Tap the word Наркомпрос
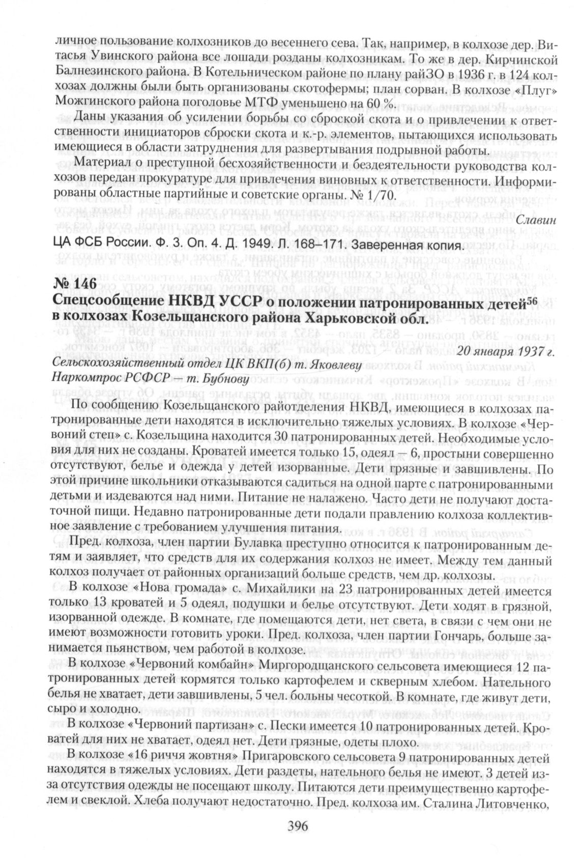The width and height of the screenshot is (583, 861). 82,379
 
